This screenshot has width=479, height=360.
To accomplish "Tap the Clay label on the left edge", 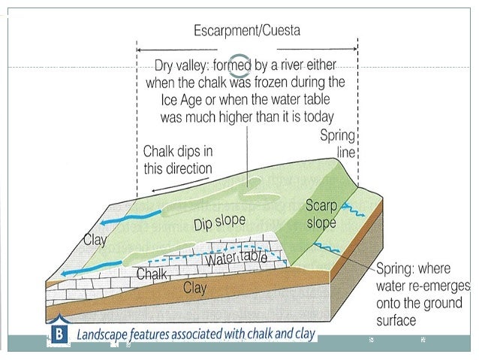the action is [x=95, y=241].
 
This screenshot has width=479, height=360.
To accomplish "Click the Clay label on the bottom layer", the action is [x=195, y=286].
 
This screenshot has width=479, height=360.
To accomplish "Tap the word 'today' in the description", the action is [x=315, y=117].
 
